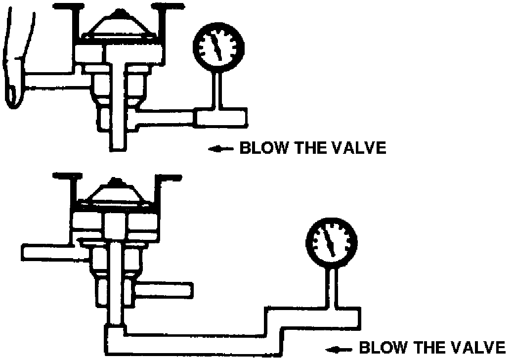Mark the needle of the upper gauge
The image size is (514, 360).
tap(216, 48)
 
